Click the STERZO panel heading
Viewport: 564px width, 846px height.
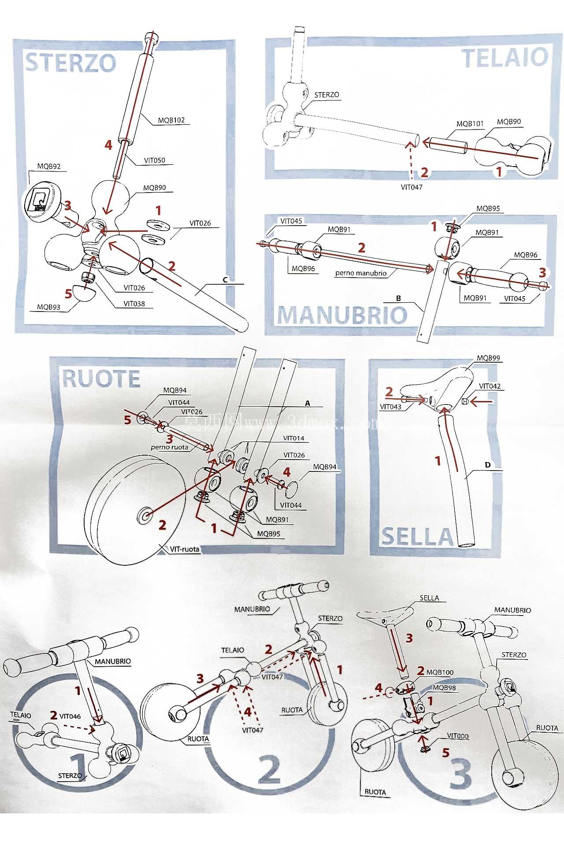pyautogui.click(x=70, y=63)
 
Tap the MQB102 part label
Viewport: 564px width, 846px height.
pyautogui.click(x=171, y=120)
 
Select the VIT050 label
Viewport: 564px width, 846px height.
pyautogui.click(x=155, y=160)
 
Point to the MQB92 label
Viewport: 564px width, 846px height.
pyautogui.click(x=49, y=167)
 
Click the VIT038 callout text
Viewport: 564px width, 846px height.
pyautogui.click(x=134, y=304)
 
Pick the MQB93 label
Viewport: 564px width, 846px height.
pyautogui.click(x=48, y=307)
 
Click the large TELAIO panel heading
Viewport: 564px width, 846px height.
pyautogui.click(x=505, y=58)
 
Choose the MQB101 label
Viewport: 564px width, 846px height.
pyautogui.click(x=470, y=124)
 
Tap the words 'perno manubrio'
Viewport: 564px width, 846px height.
pyautogui.click(x=361, y=273)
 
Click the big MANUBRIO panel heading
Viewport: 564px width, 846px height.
pyautogui.click(x=342, y=315)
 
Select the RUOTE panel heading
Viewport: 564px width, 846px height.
pyautogui.click(x=101, y=379)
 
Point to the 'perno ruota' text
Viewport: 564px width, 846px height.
pyautogui.click(x=169, y=447)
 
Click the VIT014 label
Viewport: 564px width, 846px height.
pyautogui.click(x=293, y=438)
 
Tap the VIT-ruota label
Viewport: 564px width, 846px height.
pyautogui.click(x=185, y=549)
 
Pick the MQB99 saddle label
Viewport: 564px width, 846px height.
pyautogui.click(x=489, y=358)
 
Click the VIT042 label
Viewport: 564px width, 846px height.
pyautogui.click(x=490, y=386)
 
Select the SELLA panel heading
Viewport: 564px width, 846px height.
pyautogui.click(x=417, y=537)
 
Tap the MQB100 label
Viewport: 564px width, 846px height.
pyautogui.click(x=440, y=672)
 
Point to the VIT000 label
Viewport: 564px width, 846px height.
pyautogui.click(x=458, y=736)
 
